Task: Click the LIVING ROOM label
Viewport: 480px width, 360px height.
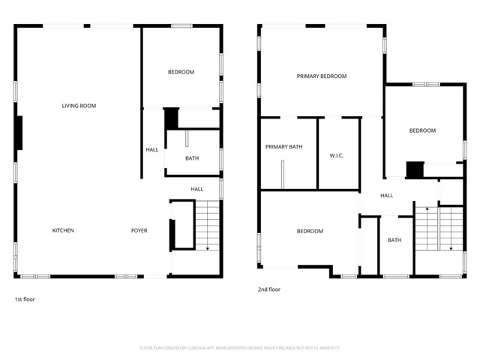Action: pos(79,106)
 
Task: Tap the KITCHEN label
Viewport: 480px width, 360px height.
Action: pos(63,230)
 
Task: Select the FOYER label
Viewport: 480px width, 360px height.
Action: pos(139,230)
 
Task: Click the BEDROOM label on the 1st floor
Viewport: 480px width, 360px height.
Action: pos(181,72)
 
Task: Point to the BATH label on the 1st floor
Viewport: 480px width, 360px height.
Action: pos(192,158)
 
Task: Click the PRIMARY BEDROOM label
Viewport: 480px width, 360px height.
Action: pos(322,76)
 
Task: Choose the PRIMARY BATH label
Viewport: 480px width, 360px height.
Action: pos(284,147)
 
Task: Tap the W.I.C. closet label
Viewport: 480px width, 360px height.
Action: pos(337,156)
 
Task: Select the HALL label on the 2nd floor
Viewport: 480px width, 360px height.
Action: pos(387,196)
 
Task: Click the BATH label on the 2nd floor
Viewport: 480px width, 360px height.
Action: pos(394,240)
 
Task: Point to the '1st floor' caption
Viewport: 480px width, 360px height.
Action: pos(24,299)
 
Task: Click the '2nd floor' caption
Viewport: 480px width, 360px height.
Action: pos(269,289)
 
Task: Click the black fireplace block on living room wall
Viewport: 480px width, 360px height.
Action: pos(19,133)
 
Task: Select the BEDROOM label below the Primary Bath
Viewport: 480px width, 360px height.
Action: pos(310,231)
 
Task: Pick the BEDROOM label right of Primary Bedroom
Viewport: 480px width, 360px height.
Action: pos(422,130)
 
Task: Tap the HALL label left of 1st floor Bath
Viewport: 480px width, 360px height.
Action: pos(152,150)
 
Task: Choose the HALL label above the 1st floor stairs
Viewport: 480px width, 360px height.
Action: pos(196,189)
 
